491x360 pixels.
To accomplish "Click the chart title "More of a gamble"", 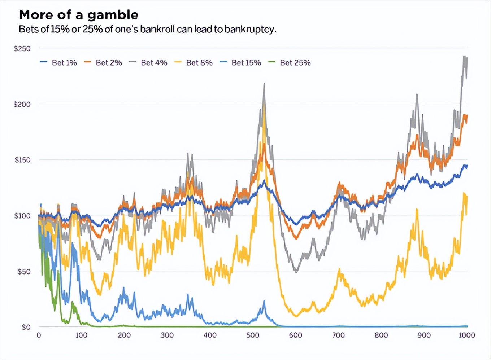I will coord(79,15).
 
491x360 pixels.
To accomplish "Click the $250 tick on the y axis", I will coord(22,48).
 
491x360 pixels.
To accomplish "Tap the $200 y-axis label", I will coord(22,104).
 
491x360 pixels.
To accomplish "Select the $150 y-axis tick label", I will coord(22,160).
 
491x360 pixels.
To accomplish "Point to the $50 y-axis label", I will coord(24,271).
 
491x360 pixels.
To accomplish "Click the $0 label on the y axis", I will coord(26,327).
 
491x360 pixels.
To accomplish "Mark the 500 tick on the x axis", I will coord(253,335).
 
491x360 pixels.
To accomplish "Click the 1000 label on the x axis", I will coord(466,335).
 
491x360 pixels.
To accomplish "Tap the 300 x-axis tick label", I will coord(167,335).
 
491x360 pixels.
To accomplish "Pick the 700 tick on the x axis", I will coord(338,335).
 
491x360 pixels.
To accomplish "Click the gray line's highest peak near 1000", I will coord(464,56).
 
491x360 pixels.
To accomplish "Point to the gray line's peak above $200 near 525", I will coord(264,84).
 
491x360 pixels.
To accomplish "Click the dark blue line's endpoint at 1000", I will coord(467,166).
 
